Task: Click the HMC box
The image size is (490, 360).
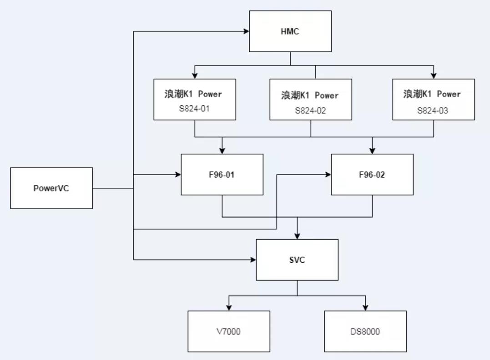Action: tap(290, 31)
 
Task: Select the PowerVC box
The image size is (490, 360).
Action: tap(51, 188)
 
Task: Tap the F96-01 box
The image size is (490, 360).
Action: tap(222, 175)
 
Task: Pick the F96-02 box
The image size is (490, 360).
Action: tap(372, 175)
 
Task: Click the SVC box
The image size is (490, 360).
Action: tap(297, 260)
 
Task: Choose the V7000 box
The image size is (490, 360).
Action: tap(229, 331)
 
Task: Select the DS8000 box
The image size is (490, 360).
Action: tap(365, 331)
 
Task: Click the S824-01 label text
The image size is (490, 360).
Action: tap(195, 109)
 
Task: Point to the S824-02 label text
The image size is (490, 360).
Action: tap(311, 110)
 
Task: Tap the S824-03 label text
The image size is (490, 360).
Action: tap(433, 109)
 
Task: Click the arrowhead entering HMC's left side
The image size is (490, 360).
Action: tap(247, 31)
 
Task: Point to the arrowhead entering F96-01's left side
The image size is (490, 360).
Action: tap(178, 175)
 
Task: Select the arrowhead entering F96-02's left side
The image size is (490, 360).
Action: tap(328, 175)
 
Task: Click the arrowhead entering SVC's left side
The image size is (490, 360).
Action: tap(253, 260)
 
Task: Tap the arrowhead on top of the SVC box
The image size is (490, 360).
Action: tap(297, 236)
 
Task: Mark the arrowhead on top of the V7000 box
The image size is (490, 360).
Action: tap(229, 308)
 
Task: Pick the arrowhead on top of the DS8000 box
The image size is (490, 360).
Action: tap(365, 308)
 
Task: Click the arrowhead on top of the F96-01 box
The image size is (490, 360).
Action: tap(222, 151)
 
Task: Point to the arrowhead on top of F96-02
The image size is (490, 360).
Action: tap(372, 151)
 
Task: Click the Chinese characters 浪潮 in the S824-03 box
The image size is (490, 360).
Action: tap(411, 94)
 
